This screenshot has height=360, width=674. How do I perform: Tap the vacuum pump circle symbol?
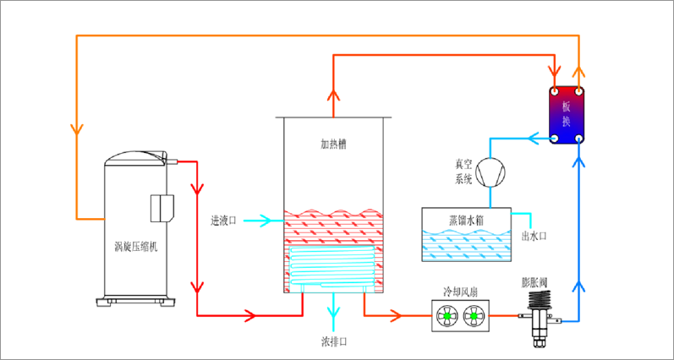[488, 172]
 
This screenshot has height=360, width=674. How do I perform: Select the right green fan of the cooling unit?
[474, 317]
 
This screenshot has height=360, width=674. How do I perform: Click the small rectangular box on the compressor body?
[162, 207]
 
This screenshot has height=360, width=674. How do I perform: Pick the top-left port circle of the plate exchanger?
[555, 90]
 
